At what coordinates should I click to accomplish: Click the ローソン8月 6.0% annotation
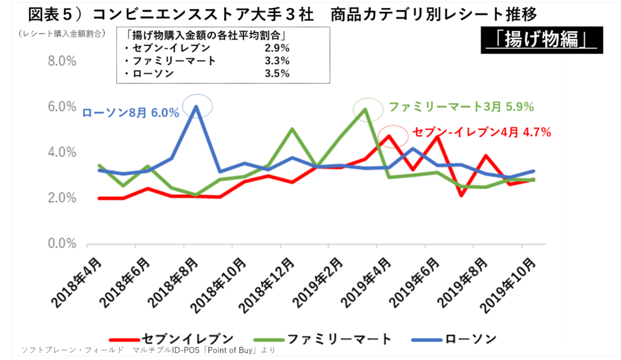[131, 113]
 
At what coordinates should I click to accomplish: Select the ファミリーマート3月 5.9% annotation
[461, 107]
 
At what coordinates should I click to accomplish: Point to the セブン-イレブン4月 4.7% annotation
[482, 132]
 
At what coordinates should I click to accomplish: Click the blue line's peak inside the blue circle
[196, 106]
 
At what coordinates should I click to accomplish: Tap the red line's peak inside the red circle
[389, 136]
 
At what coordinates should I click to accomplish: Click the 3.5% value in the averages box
[277, 73]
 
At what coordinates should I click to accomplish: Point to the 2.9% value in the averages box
[277, 48]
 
